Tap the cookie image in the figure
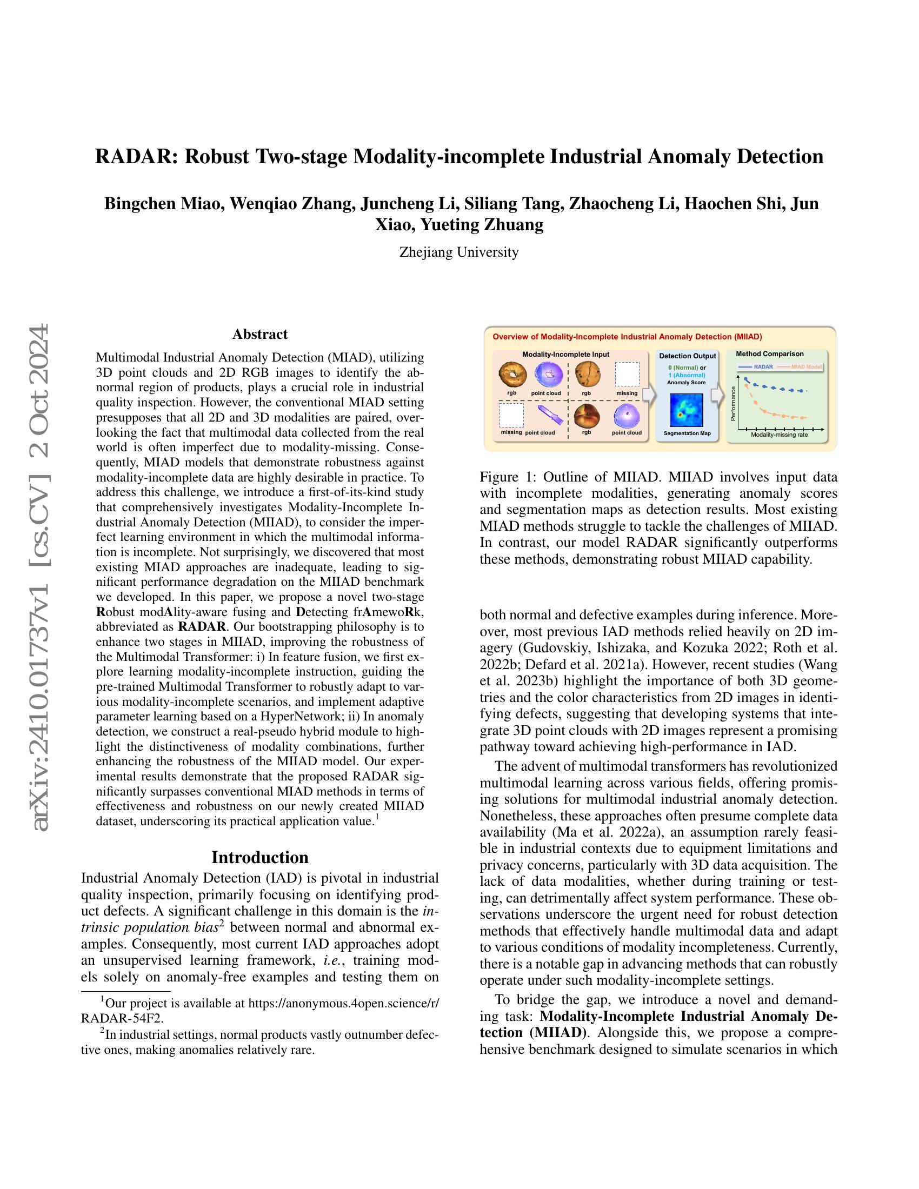pyautogui.click(x=587, y=375)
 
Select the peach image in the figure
pyautogui.click(x=587, y=417)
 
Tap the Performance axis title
pyautogui.click(x=733, y=403)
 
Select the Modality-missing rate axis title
pyautogui.click(x=779, y=435)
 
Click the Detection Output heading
pyautogui.click(x=687, y=356)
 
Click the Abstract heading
pyautogui.click(x=259, y=333)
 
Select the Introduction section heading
pyautogui.click(x=259, y=858)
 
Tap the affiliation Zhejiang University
pyautogui.click(x=459, y=252)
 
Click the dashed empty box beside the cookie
pyautogui.click(x=627, y=375)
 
